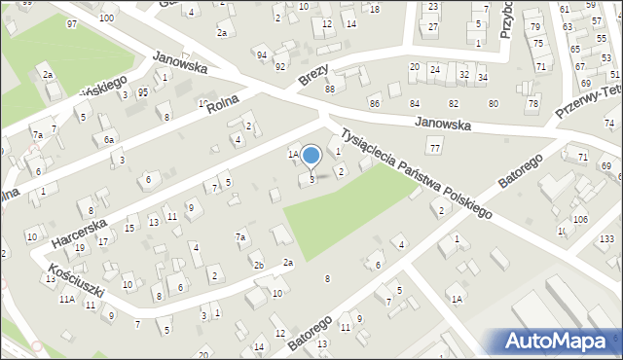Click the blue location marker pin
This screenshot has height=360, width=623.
click(x=311, y=156)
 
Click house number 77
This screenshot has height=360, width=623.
click(x=434, y=147)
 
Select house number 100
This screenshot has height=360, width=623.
click(x=106, y=18)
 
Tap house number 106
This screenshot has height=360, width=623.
click(x=580, y=220)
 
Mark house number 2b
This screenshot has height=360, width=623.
click(x=258, y=265)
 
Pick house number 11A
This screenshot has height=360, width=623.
click(x=66, y=300)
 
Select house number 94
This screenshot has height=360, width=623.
click(x=262, y=54)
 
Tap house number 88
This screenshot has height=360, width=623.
click(x=330, y=90)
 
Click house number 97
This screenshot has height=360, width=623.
click(x=72, y=23)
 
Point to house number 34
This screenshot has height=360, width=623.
click(x=483, y=77)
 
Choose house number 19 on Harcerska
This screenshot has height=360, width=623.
click(x=80, y=247)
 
